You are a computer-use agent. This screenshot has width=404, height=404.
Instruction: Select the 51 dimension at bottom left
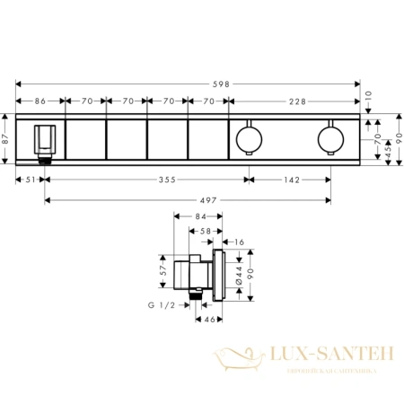[x=31, y=178]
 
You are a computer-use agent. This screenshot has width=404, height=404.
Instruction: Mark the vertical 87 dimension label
[x=6, y=138]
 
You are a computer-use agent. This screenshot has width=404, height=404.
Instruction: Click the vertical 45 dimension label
[x=386, y=153]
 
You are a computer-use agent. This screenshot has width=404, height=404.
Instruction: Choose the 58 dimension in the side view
[x=205, y=231]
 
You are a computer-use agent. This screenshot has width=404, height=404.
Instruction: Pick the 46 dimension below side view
[x=206, y=319]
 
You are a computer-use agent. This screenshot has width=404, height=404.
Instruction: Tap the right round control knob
[x=329, y=139]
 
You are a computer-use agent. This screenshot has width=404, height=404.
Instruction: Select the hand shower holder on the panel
[x=43, y=140]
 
